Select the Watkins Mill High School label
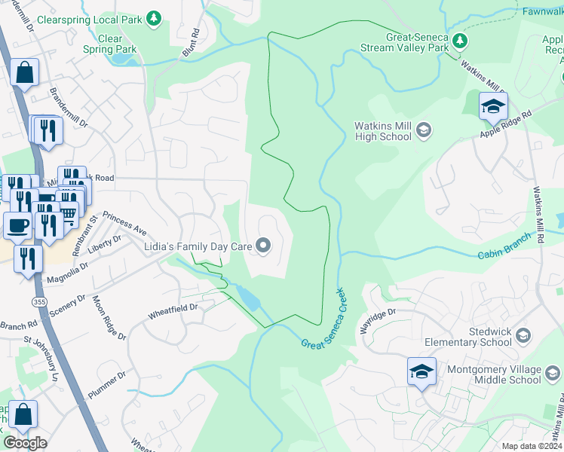(383, 132)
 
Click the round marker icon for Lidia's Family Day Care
(263, 244)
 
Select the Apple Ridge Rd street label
(506, 123)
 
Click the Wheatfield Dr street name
(172, 307)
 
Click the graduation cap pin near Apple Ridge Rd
(493, 107)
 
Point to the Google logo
(25, 442)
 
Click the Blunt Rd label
(190, 44)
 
